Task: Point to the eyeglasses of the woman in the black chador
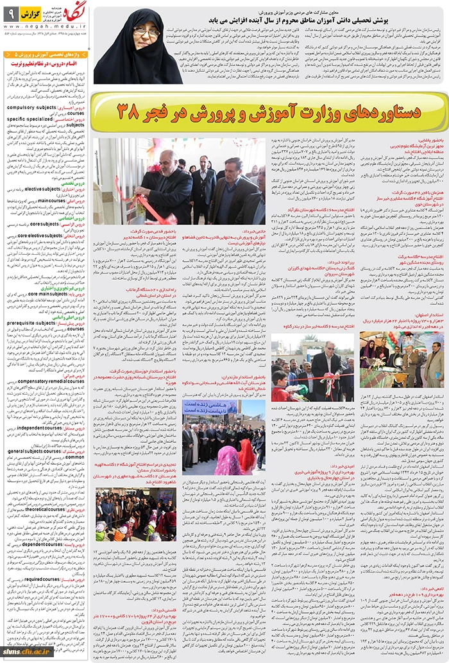coord(146,31)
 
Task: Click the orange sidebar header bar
coord(45,55)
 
